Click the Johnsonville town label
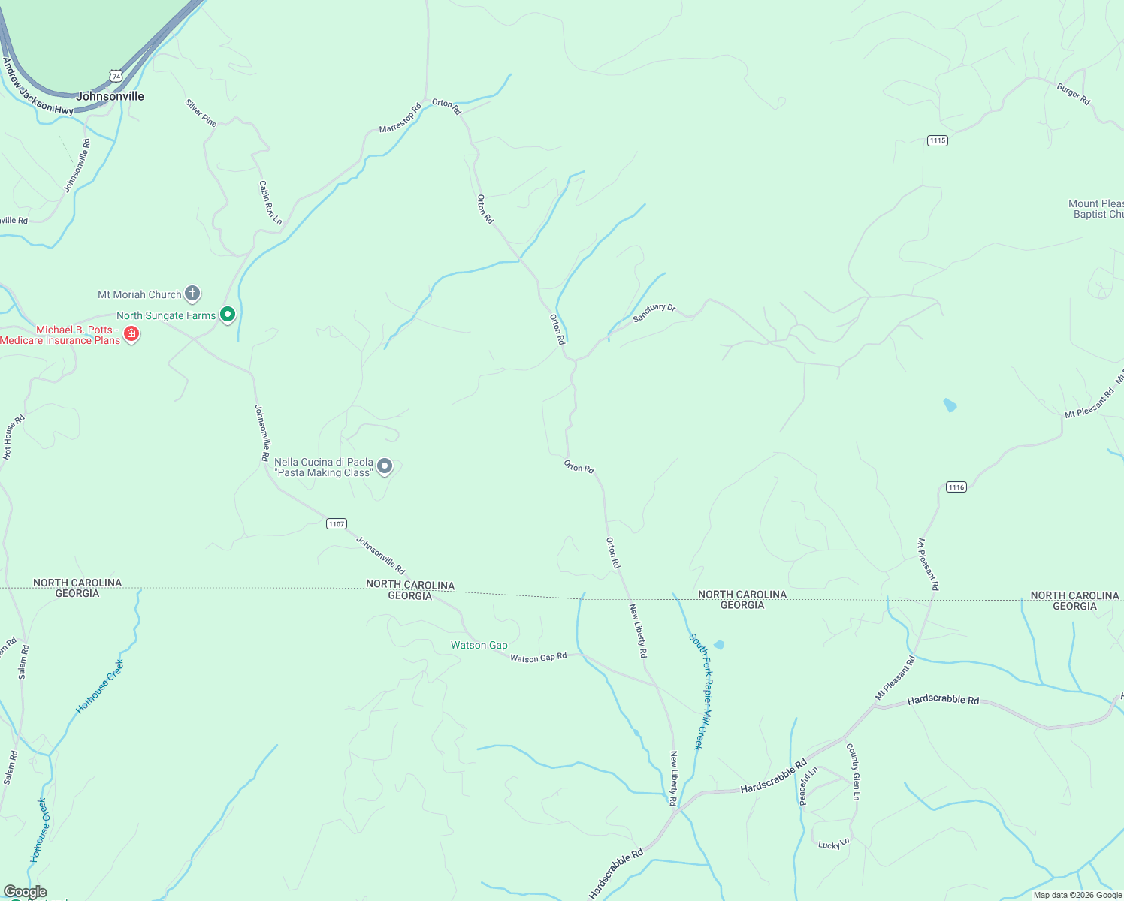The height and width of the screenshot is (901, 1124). tap(110, 96)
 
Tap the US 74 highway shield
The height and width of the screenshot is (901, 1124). tap(116, 76)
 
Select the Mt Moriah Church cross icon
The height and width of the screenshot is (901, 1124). tap(192, 294)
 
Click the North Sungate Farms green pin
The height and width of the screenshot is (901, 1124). tap(228, 315)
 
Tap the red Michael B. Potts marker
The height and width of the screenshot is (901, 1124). tap(131, 333)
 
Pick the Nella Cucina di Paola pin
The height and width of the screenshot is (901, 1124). tap(385, 467)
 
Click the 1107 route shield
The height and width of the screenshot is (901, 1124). tap(337, 524)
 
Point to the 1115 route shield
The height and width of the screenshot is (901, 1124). tap(937, 141)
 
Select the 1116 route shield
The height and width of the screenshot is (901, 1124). tap(956, 487)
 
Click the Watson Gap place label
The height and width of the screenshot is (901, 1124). tap(479, 646)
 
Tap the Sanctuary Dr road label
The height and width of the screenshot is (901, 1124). tap(654, 312)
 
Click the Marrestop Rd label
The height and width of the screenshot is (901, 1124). tap(400, 119)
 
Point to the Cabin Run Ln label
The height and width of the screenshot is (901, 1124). tap(270, 202)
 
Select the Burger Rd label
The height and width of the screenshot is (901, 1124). tap(1073, 94)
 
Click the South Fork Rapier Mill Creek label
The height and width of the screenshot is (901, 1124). tap(699, 691)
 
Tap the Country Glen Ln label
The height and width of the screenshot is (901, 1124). tap(853, 771)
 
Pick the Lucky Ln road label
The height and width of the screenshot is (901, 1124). tap(833, 844)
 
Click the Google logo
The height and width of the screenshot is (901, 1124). tap(25, 892)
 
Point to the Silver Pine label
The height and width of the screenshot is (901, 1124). tap(201, 113)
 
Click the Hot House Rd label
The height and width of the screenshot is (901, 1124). tap(14, 437)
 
